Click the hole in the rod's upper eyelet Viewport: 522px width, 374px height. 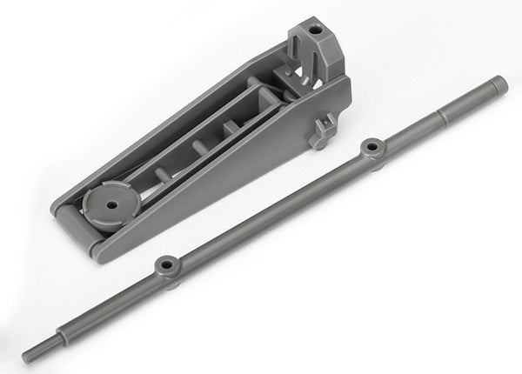(x=372, y=147)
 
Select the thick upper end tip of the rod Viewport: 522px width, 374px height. (x=498, y=84)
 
